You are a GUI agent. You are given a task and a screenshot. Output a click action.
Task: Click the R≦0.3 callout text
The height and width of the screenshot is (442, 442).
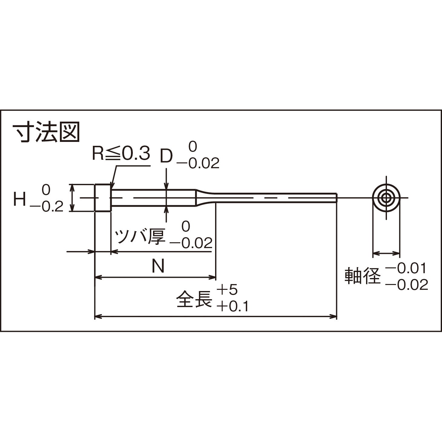point(121,154)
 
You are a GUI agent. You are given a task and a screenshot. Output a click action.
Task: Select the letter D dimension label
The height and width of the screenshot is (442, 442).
point(166,156)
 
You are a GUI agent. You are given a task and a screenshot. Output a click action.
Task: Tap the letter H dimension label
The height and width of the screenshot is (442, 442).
point(19,200)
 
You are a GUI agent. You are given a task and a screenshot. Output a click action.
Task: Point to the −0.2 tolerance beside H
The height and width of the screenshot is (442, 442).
point(47,207)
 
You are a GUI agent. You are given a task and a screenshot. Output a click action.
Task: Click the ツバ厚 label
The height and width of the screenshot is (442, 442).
point(140,236)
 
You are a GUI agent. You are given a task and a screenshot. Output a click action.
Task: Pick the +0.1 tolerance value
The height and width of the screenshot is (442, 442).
point(232,307)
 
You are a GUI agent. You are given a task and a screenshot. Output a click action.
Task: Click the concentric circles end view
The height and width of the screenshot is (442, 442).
point(386,198)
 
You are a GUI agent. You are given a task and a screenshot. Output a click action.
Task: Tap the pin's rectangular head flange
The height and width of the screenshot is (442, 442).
point(103,198)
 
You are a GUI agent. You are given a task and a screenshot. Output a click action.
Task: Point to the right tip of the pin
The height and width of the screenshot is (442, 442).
point(336,198)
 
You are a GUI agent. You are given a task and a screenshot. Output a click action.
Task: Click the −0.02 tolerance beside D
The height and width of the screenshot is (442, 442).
point(198,164)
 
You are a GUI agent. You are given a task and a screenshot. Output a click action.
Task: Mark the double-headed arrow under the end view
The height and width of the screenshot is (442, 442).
point(386,253)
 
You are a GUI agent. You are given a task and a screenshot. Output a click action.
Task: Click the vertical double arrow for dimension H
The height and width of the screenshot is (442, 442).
point(72,198)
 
